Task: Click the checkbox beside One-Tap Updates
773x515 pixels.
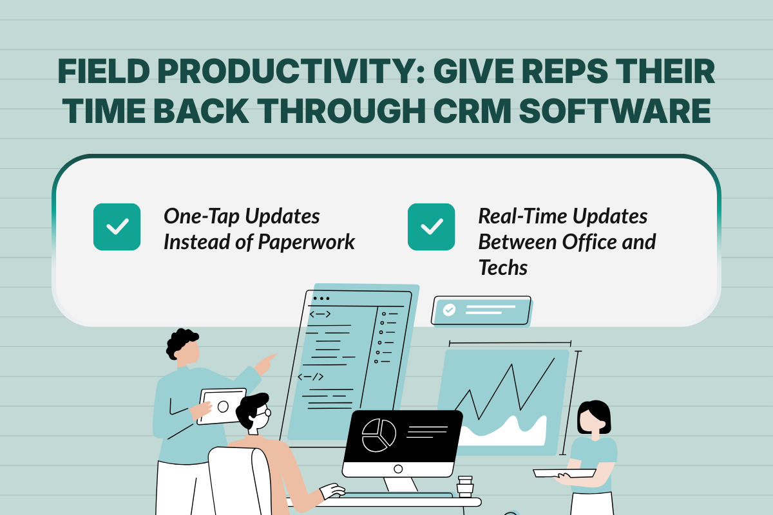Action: pos(117,227)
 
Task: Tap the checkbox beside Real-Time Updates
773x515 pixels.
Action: pos(431,227)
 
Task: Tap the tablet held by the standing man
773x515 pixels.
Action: pos(222,406)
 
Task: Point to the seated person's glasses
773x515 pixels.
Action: pos(265,413)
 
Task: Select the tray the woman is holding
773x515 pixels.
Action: pos(564,473)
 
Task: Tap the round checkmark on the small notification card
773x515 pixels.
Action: pos(449,310)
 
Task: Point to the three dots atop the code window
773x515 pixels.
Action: pos(320,299)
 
